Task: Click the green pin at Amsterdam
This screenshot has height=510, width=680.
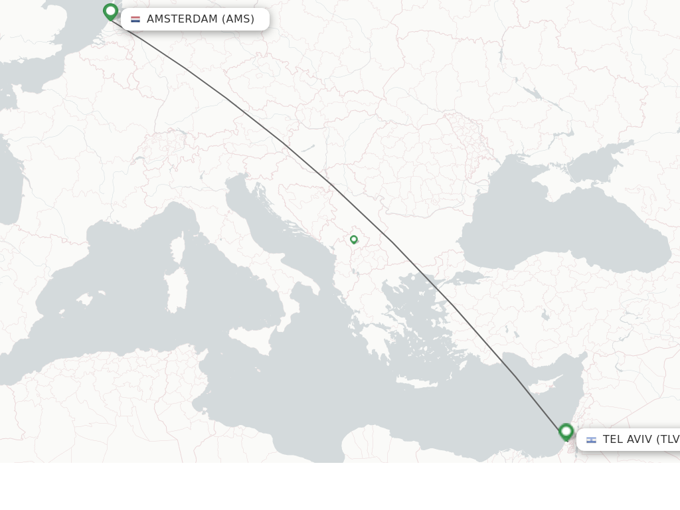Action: tap(110, 11)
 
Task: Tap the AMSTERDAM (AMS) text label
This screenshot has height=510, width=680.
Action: tap(201, 19)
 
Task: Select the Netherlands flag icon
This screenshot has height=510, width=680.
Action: tap(135, 19)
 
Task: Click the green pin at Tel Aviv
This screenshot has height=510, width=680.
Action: tap(566, 432)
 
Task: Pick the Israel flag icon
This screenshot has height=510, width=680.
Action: tap(591, 440)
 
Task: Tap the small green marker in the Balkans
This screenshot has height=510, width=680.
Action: tap(354, 240)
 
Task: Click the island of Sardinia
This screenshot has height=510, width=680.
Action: tap(176, 291)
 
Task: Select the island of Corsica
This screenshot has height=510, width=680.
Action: tap(177, 248)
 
